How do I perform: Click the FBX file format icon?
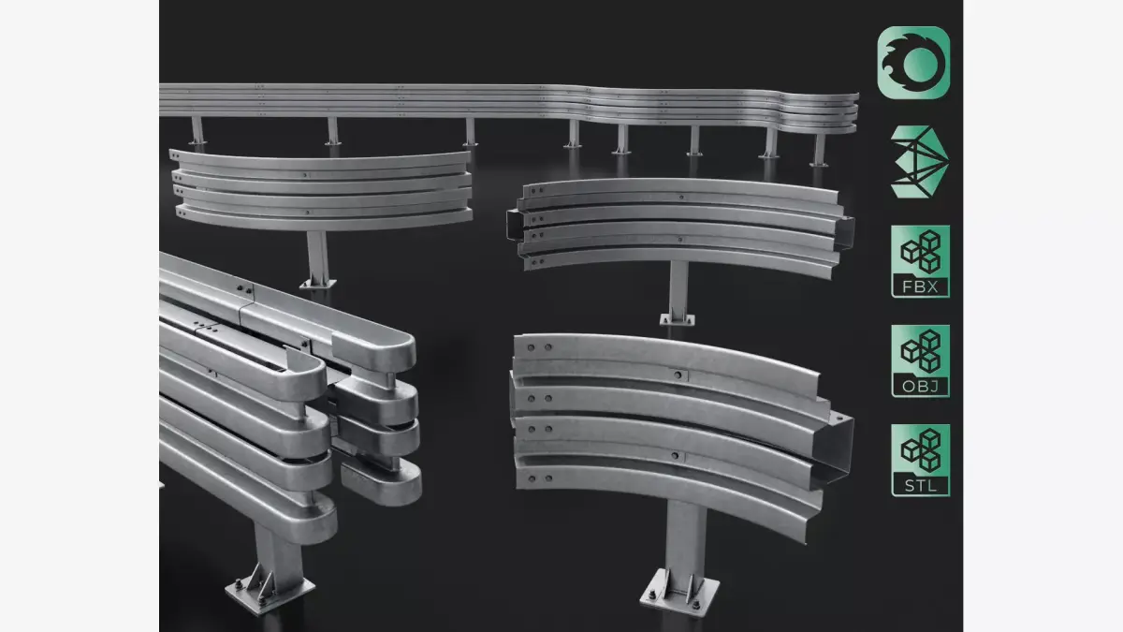click(x=920, y=261)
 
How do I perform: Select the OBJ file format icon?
click(x=920, y=361)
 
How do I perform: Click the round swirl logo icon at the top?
click(x=913, y=62)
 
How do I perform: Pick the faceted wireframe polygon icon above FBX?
click(x=912, y=161)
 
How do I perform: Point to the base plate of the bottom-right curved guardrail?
click(x=680, y=591)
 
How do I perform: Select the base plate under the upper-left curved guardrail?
click(x=316, y=281)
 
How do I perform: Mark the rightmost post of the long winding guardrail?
click(x=819, y=149)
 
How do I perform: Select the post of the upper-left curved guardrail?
click(x=317, y=253)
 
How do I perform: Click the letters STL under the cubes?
click(x=920, y=485)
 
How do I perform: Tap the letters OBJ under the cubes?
click(x=920, y=386)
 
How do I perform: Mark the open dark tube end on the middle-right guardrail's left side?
click(x=513, y=226)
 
